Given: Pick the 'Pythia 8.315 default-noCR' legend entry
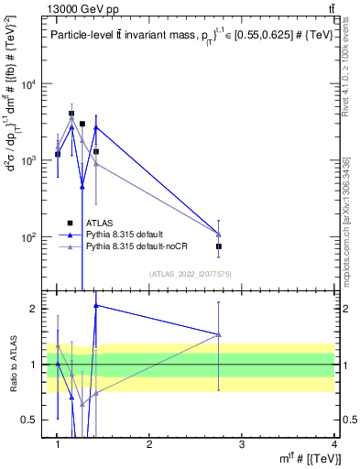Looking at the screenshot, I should coord(133,246).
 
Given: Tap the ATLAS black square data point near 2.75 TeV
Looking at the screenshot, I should coord(219,246).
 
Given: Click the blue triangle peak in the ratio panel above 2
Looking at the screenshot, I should coord(95,305).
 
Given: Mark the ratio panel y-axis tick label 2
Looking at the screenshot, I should coord(31,309).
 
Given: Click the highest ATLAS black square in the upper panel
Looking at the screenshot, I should coord(71,114).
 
